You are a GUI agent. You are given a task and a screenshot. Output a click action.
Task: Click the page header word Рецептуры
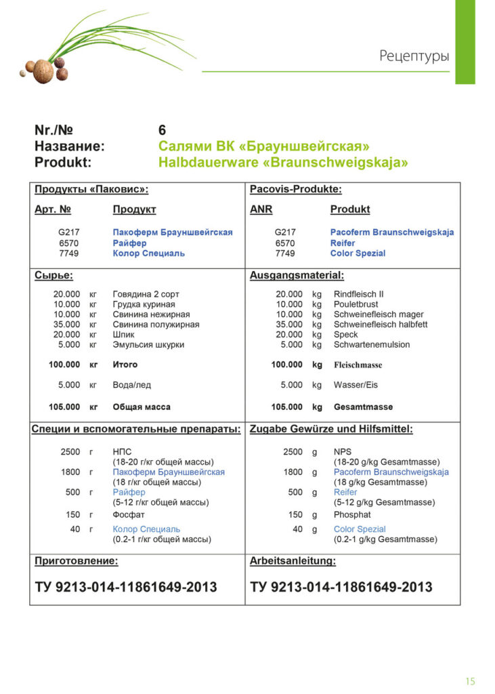pos(414,56)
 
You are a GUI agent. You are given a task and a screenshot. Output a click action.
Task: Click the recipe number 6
pos(163,130)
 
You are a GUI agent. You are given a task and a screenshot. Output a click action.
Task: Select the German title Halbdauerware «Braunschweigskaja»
pos(283,163)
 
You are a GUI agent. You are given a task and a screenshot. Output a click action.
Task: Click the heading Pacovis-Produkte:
pos(296,190)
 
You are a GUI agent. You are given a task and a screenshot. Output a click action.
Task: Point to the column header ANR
pos(261,209)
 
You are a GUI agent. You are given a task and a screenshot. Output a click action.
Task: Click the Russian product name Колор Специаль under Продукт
pos(148,253)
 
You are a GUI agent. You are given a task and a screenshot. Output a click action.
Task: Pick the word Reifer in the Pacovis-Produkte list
pos(343,243)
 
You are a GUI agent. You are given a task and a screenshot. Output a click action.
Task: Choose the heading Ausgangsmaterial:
pos(297,275)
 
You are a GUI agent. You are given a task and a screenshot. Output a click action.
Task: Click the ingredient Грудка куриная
pos(144,304)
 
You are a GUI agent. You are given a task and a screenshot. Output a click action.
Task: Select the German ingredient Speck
pos(346,335)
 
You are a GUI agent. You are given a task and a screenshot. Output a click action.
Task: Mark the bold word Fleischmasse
pos(358,365)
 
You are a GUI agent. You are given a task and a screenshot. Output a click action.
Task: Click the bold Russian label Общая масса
pos(142,407)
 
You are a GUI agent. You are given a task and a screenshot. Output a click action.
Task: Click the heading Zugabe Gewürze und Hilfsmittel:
pos(331,429)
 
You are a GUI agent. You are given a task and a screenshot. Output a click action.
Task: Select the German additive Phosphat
pos(352,515)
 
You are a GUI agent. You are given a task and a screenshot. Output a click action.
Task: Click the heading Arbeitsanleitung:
pos(293,561)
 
